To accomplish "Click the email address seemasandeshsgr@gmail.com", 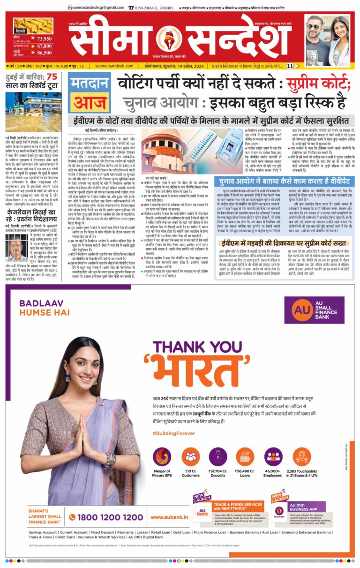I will coord(96,8).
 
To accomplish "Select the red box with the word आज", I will coord(89,102).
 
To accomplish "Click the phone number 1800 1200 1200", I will coord(105,517).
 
